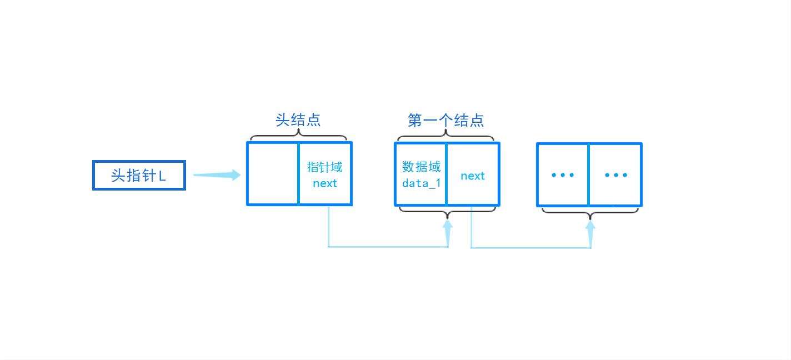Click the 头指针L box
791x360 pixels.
coord(139,176)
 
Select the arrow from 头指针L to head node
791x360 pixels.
coord(217,175)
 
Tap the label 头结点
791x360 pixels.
coord(298,120)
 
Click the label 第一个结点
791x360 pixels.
coord(445,120)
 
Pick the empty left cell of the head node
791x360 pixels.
coord(273,174)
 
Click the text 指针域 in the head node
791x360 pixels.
coord(324,167)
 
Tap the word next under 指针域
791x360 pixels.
coord(324,183)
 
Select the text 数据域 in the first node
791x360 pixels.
coord(421,167)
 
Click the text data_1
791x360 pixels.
coord(421,183)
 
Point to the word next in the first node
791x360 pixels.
coord(473,176)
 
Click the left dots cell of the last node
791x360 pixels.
coord(563,175)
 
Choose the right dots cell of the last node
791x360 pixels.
coord(615,175)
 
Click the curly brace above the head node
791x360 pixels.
coord(299,136)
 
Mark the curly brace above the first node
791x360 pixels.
coord(445,136)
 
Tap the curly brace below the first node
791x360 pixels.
coord(447,211)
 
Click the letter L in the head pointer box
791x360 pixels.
coord(162,176)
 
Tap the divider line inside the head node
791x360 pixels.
coord(298,174)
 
